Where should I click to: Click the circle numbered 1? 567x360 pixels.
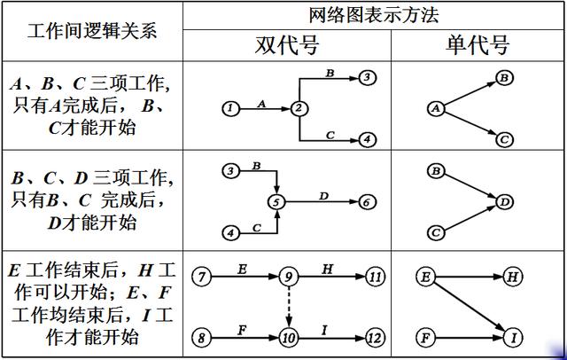tap(230, 108)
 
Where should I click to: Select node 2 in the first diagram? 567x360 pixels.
tap(299, 108)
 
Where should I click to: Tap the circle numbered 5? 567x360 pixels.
tap(277, 201)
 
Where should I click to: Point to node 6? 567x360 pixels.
tap(367, 201)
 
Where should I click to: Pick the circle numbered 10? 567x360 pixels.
tap(288, 337)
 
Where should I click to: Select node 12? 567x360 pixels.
tap(374, 337)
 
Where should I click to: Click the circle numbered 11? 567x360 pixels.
tap(376, 278)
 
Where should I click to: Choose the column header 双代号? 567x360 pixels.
tap(286, 45)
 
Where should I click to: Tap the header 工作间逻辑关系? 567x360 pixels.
tap(92, 30)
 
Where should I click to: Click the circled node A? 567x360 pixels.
tap(434, 108)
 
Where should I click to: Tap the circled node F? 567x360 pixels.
tap(425, 337)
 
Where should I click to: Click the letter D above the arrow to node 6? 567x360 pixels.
tap(322, 194)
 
